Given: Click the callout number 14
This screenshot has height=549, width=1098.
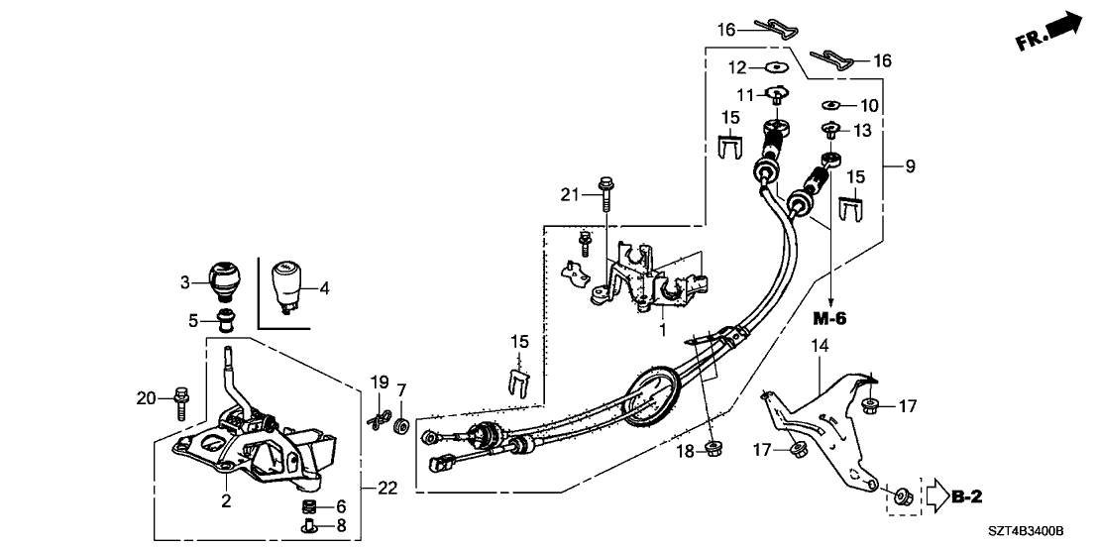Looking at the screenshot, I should click(x=820, y=346).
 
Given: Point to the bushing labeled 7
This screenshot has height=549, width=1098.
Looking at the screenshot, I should click(x=402, y=426).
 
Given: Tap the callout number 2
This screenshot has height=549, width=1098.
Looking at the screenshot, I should click(x=226, y=501).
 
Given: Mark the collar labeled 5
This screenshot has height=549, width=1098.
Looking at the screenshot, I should click(x=227, y=319).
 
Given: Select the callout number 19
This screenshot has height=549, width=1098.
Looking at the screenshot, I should click(x=377, y=383).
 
